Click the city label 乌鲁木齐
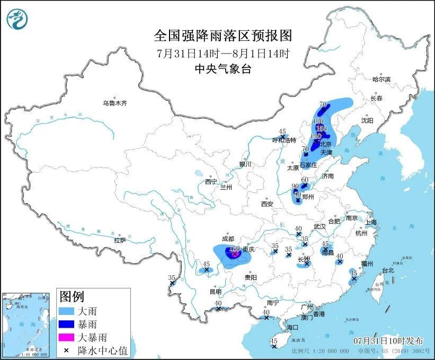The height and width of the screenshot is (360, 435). click(115, 103)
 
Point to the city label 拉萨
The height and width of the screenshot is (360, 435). click(120, 240)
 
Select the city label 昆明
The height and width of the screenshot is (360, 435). click(215, 292)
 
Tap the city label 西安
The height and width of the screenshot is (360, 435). click(267, 204)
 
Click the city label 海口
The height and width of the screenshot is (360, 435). click(294, 328)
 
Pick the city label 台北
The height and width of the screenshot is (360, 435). click(388, 270)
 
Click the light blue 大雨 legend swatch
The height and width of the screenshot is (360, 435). click(67, 311)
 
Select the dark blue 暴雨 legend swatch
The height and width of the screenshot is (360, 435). click(67, 323)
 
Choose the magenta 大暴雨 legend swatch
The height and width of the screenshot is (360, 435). click(67, 337)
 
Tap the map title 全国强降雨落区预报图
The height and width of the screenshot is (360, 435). click(223, 36)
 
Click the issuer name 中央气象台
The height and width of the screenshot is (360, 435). click(223, 69)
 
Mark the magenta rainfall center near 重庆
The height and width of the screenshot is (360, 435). click(234, 253)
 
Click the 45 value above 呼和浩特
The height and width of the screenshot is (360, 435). click(282, 131)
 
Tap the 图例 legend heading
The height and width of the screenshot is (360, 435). click(72, 296)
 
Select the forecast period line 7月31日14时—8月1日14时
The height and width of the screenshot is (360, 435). click(223, 53)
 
